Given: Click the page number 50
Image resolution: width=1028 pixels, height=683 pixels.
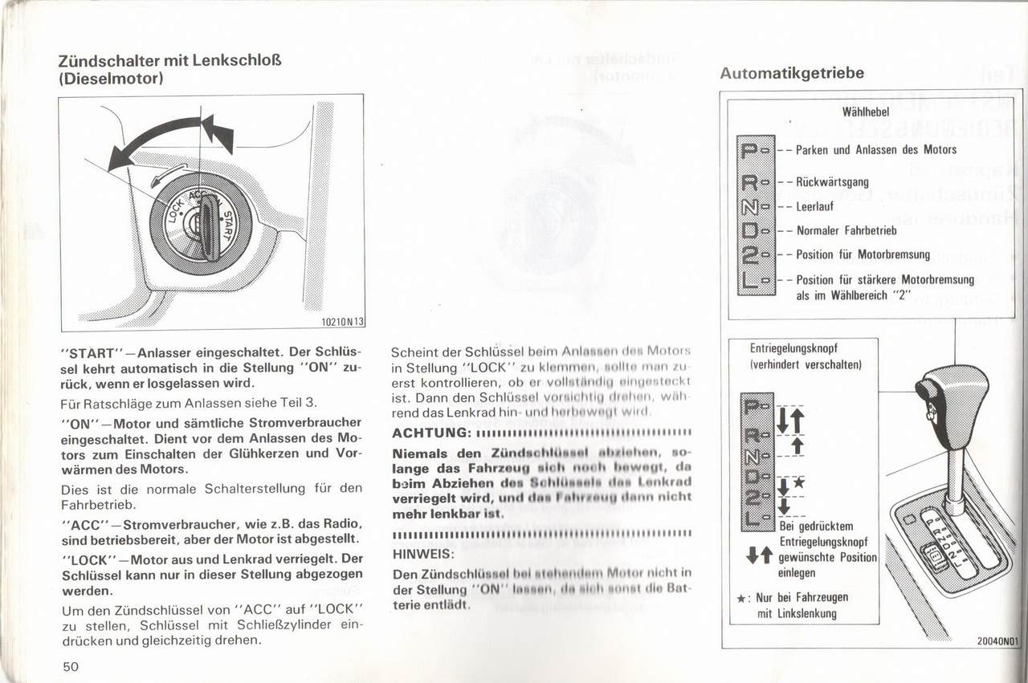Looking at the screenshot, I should tap(70, 665).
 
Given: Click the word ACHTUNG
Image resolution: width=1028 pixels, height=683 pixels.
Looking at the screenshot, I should tap(430, 433).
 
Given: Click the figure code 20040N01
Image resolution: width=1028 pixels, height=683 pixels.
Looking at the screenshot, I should tap(997, 641).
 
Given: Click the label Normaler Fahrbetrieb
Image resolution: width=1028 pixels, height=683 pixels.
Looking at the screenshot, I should tap(846, 230).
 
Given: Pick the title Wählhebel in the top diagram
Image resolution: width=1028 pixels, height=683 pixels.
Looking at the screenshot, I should tap(865, 112).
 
